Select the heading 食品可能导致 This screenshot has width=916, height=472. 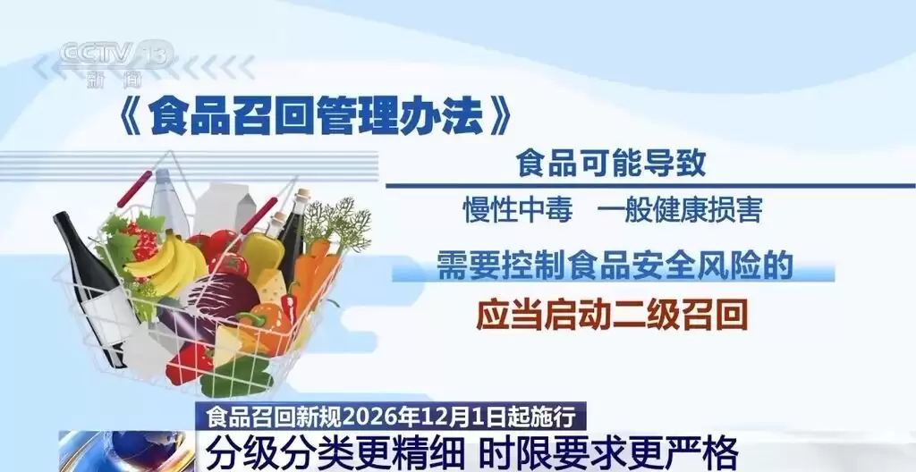pos(611,164)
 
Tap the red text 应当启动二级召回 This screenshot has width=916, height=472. pos(612,314)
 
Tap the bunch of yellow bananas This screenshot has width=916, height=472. pos(170,258)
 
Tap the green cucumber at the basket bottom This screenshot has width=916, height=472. pos(237,376)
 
